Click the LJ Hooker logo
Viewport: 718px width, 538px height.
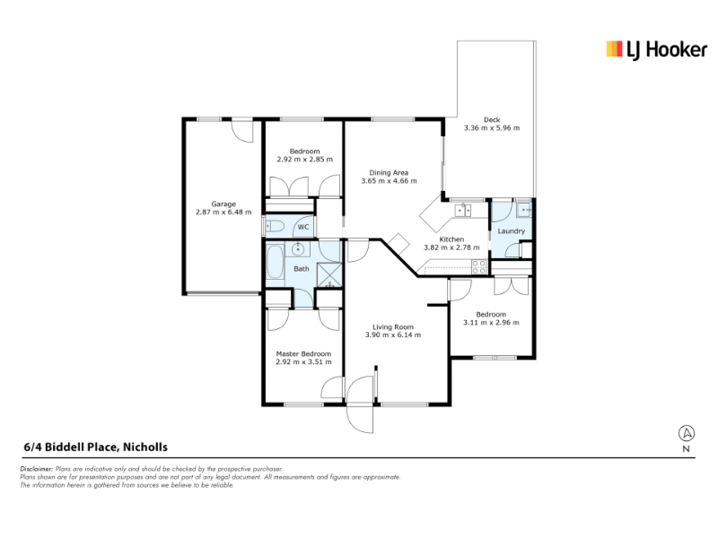click(656, 50)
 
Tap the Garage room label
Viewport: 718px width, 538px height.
click(223, 204)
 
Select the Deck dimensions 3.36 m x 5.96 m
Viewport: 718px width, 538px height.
click(492, 128)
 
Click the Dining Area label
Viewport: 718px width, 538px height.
click(389, 172)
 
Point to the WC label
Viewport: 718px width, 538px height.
click(303, 227)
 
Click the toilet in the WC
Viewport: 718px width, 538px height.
click(275, 226)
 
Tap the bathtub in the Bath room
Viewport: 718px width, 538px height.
click(275, 263)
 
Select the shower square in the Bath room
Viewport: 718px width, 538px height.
click(329, 275)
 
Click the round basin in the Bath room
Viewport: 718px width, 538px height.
click(298, 249)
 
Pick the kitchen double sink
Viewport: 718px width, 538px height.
click(462, 211)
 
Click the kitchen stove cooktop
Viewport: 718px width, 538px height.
click(479, 266)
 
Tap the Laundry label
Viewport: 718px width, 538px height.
click(511, 231)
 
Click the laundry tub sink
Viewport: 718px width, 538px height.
click(523, 210)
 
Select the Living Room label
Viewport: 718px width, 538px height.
click(393, 326)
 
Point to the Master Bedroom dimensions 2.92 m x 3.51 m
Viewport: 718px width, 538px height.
click(303, 362)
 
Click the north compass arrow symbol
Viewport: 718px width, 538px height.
click(686, 433)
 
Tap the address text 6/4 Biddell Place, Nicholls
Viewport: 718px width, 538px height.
click(96, 447)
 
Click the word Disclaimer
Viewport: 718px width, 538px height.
click(37, 469)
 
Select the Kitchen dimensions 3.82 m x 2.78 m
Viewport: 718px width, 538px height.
click(451, 247)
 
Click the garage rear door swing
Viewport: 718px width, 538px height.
click(241, 132)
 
